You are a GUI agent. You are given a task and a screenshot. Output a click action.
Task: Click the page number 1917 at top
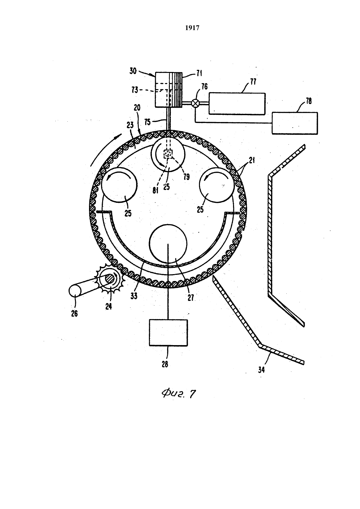point(192,28)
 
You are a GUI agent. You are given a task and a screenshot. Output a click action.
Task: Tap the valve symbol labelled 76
point(195,103)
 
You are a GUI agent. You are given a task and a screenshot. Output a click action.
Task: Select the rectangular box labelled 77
point(237,104)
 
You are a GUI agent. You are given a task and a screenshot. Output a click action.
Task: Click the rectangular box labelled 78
point(295,123)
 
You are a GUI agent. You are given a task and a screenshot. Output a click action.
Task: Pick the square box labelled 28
point(169,332)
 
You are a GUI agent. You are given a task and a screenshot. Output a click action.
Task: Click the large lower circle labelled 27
point(168,244)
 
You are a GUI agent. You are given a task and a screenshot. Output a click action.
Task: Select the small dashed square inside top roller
point(168,154)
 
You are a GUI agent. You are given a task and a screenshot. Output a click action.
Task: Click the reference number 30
point(133,71)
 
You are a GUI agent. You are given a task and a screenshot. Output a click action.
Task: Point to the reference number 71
point(199,73)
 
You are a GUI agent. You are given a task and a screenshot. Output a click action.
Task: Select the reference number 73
point(135,90)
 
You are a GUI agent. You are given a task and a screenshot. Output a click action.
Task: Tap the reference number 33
point(134,296)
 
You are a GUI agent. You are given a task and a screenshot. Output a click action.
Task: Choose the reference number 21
point(252,160)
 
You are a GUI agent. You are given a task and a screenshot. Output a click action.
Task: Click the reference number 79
point(186,177)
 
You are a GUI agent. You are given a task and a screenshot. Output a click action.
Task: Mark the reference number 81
point(155,190)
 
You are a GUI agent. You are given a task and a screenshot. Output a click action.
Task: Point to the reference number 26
point(74,314)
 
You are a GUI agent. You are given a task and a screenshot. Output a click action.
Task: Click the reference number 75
point(148,122)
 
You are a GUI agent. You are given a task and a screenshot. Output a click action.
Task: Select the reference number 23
point(130,125)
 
